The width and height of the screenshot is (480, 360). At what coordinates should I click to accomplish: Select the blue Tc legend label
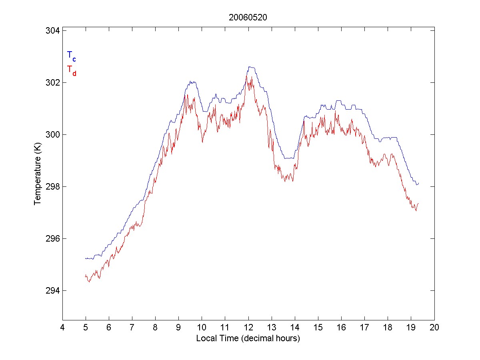tap(71, 56)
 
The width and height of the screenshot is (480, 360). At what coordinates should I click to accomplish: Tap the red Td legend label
tap(71, 70)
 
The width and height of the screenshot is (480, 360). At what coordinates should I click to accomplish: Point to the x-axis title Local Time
tap(248, 338)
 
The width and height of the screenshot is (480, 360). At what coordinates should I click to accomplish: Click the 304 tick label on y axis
tap(52, 31)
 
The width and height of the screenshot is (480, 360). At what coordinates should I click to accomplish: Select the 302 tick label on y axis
tap(52, 83)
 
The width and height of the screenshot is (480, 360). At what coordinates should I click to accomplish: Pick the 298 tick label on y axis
tap(52, 187)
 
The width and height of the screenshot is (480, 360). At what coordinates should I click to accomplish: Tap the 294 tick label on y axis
tap(52, 290)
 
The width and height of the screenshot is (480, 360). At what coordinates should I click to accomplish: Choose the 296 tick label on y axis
tap(52, 239)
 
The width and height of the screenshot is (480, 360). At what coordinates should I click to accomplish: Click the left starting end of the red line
tap(86, 276)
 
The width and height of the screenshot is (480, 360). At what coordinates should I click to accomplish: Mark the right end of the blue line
tap(418, 183)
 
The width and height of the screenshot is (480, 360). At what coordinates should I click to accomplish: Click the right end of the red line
tap(418, 204)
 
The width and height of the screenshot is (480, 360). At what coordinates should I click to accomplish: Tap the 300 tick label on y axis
tap(52, 135)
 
